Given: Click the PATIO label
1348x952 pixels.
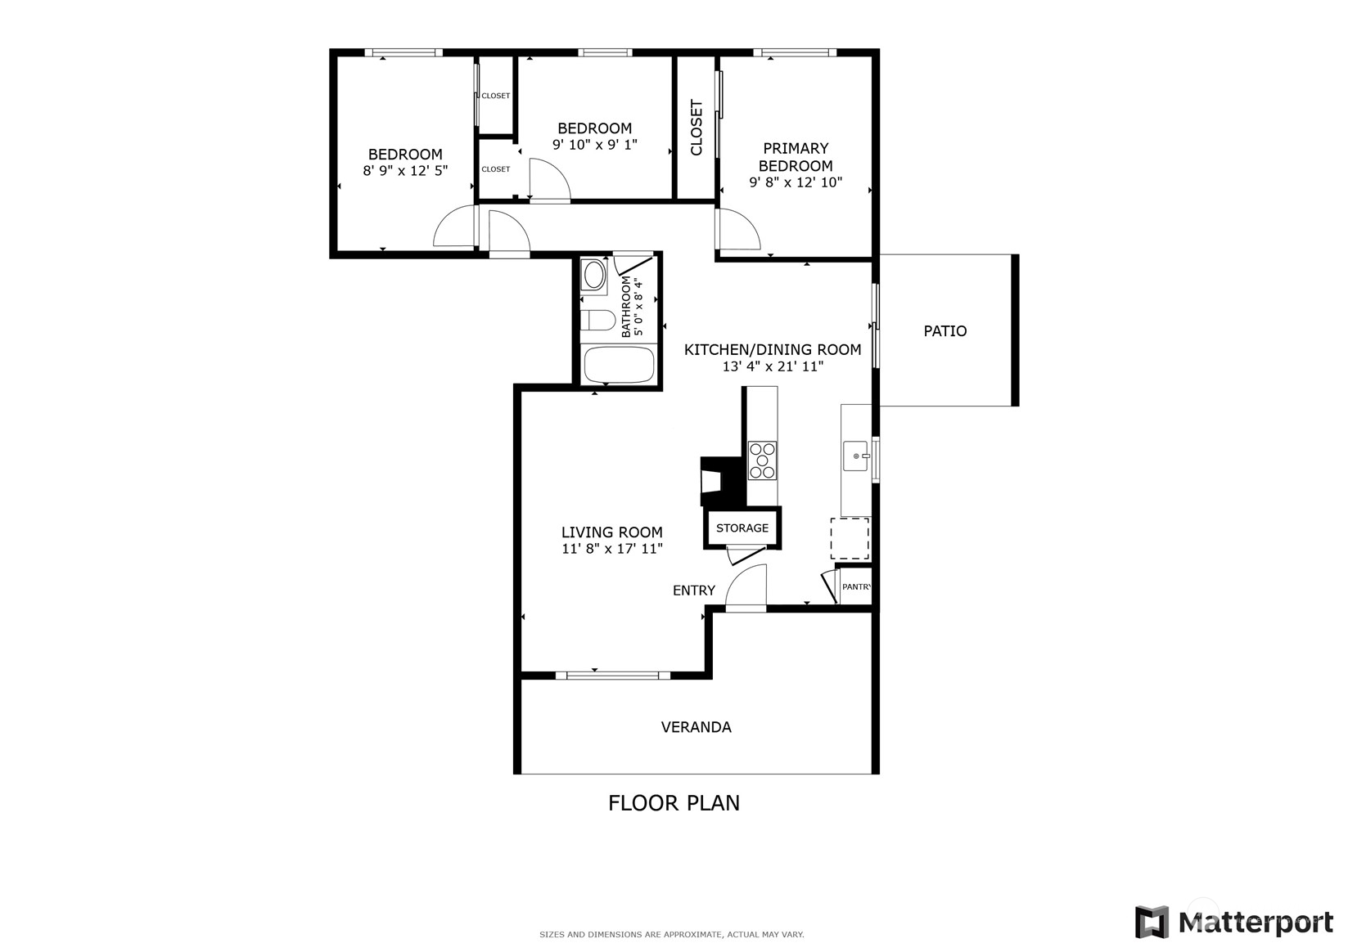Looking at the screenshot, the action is coord(945,330).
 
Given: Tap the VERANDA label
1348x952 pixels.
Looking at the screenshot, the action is coord(697,727).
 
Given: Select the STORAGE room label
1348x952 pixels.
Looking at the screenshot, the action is coord(742,528).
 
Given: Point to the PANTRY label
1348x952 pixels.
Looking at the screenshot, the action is coord(856,586).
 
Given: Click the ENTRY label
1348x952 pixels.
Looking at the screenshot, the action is coord(694,591).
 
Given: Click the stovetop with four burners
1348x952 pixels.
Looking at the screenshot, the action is coord(762,460).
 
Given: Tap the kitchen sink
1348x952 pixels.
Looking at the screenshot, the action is coord(856,456).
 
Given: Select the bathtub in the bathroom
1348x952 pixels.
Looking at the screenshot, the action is coord(620,365).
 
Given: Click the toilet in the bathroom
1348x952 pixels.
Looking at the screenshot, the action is coord(598,320).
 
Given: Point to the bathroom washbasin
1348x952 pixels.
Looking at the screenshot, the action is coord(594,275).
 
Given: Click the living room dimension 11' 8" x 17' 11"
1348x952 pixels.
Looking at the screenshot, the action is coord(612,549).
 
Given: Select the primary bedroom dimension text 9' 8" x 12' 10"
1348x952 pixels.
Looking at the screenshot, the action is coord(796,182).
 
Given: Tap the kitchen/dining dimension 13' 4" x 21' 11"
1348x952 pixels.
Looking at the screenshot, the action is coord(773,366).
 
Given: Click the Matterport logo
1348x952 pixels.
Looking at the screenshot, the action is coord(1233,922).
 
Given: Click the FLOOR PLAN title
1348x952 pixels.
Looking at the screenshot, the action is coord(674,803).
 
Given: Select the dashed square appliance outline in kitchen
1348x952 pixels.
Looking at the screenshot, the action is coord(850,538).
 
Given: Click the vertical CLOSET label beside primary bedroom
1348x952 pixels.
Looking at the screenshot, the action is coord(697,127).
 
